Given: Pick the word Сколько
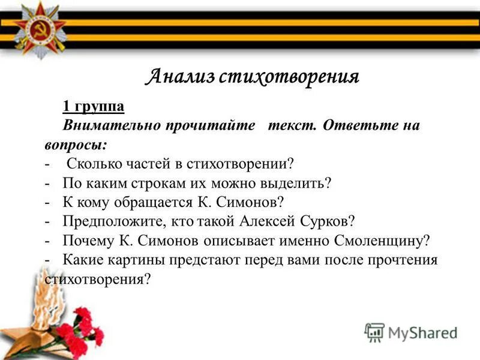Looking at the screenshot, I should (x=94, y=163).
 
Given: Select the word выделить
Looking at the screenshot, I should (x=299, y=182).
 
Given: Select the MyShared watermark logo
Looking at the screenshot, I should (x=412, y=332).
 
